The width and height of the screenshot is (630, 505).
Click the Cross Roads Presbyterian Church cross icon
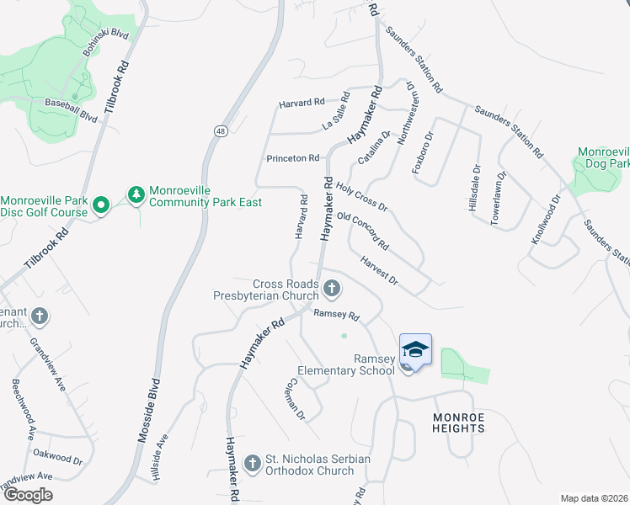coord(332,290)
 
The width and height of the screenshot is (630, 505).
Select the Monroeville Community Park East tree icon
coord(136,195)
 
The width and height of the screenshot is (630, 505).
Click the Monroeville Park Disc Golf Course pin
coord(101,205)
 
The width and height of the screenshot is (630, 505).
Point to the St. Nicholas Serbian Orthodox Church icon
coord(252,463)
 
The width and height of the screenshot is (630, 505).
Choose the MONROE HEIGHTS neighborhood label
coord(459,423)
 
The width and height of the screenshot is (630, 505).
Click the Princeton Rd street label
coord(292,158)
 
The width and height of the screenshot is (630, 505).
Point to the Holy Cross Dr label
coord(361,197)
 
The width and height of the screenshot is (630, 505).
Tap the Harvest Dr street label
coord(378,269)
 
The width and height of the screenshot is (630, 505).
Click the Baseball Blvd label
coord(71,110)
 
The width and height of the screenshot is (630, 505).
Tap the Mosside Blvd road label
coord(148,413)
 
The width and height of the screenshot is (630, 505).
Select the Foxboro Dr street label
coord(422,151)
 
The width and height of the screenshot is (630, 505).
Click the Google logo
coord(28,496)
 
